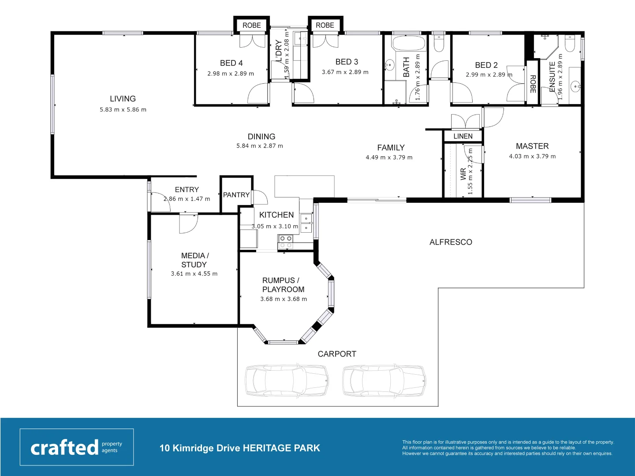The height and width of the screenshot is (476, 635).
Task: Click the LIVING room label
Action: (x=123, y=99)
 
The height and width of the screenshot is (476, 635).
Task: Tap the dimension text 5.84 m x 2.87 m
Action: (x=260, y=146)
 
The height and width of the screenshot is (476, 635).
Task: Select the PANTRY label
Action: (x=236, y=195)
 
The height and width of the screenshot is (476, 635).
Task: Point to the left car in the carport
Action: (x=287, y=380)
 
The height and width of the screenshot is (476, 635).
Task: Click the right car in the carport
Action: (x=385, y=380)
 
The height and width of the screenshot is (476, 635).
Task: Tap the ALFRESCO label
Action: (x=451, y=242)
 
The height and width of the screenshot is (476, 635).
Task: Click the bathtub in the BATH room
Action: (x=408, y=44)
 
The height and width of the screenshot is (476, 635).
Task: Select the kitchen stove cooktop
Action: (x=286, y=242)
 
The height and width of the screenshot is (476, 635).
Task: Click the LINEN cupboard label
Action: (x=463, y=136)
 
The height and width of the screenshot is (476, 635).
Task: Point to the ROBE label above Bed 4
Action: (x=251, y=26)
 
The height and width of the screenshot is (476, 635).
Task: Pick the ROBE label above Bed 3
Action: (x=325, y=26)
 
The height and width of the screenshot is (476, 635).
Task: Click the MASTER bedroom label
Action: (x=532, y=146)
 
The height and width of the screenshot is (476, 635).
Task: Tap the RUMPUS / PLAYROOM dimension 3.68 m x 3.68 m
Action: (x=284, y=299)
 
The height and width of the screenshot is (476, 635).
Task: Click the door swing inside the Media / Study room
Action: (x=187, y=223)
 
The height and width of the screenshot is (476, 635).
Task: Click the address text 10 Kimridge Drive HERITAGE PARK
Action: (x=239, y=448)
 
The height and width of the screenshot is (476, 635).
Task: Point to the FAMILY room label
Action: (x=391, y=148)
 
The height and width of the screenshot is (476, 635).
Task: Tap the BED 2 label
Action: (x=486, y=65)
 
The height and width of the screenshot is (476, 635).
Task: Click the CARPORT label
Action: (x=337, y=354)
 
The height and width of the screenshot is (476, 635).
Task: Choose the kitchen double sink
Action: (x=306, y=223)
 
